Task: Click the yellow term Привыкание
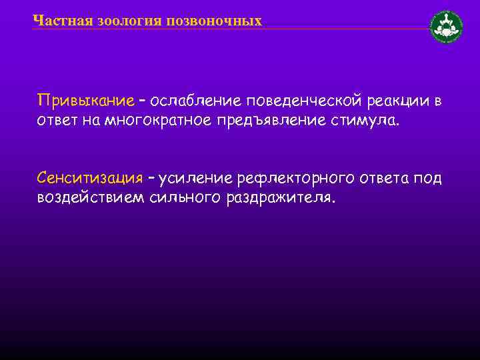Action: pos(86,101)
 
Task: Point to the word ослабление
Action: pos(197,101)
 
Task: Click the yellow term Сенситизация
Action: pos(90,178)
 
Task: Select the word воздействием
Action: pos(87,198)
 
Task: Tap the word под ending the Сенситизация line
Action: pos(427,178)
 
